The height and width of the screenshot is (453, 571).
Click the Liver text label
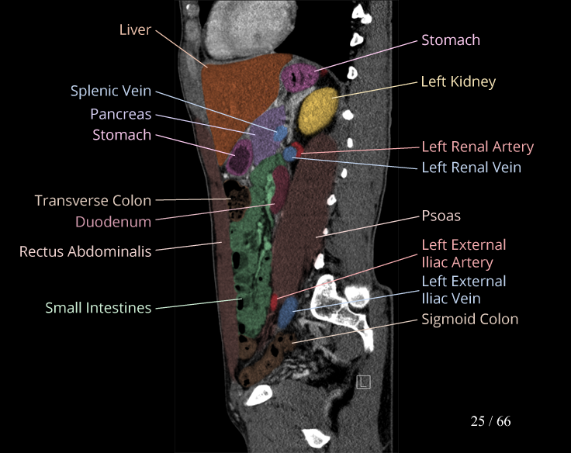tap(135, 29)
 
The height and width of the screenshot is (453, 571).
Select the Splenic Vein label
tap(111, 91)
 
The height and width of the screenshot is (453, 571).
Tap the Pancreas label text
tap(120, 113)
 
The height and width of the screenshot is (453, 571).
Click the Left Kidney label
tap(458, 81)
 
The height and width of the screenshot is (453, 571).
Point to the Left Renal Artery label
tap(477, 146)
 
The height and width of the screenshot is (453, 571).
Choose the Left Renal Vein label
tap(471, 167)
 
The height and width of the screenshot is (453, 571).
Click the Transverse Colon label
tap(93, 200)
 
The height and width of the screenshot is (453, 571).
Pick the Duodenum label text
tap(113, 221)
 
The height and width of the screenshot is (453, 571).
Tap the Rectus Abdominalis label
tap(85, 251)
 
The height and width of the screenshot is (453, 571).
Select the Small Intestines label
tap(98, 308)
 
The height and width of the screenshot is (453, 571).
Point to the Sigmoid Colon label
tap(469, 319)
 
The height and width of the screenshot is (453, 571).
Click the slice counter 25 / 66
tap(490, 421)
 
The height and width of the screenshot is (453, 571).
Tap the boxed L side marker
tap(362, 382)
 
